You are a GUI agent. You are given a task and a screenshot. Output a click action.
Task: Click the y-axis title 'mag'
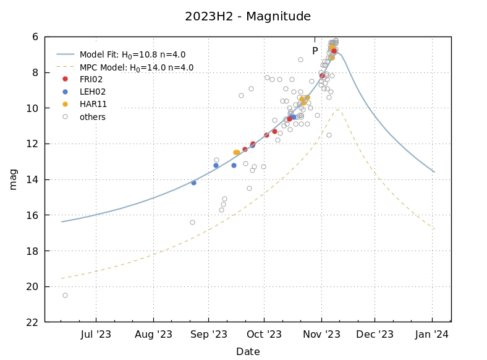click(x=13, y=179)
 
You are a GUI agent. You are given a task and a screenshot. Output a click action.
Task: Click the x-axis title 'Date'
click(x=247, y=352)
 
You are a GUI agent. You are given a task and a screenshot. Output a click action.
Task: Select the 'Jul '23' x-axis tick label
click(x=96, y=335)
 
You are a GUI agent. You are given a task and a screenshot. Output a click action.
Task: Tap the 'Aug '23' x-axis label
click(x=153, y=335)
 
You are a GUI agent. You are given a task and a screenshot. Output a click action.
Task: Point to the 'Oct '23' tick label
click(x=264, y=335)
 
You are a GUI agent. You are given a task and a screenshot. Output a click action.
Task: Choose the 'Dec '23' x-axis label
click(x=375, y=335)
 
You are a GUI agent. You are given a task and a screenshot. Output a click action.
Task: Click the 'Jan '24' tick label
click(x=431, y=335)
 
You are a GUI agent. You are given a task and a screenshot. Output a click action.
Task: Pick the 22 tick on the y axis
click(x=32, y=322)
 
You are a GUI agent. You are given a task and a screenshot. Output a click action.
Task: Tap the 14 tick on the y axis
click(x=32, y=180)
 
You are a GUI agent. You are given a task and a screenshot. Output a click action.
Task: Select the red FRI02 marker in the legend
click(x=65, y=79)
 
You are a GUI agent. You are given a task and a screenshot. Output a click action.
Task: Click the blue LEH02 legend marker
click(x=65, y=92)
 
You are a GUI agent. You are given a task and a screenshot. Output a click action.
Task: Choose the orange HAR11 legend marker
click(x=65, y=104)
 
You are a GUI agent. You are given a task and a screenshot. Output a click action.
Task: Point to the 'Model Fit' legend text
click(x=132, y=54)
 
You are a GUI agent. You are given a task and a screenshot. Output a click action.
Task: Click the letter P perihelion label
click(x=315, y=51)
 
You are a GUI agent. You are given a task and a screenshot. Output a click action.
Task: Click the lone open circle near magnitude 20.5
click(x=65, y=295)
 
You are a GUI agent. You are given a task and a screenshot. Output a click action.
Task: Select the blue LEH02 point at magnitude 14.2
click(x=193, y=182)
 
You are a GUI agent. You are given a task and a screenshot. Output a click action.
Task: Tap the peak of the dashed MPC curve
click(x=338, y=109)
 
